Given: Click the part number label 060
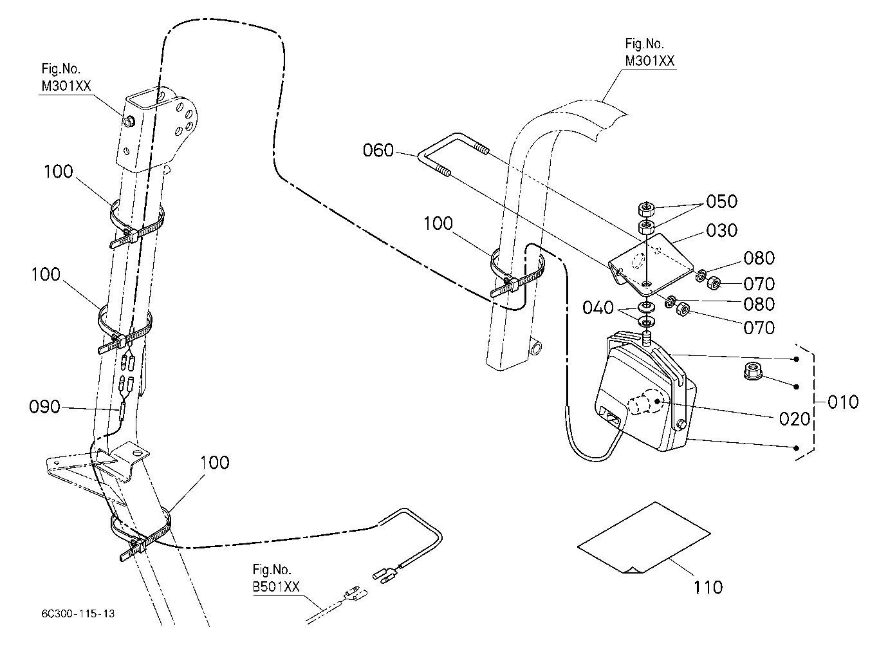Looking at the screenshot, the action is pos(378,151).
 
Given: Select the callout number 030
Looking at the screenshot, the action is pos(721,230).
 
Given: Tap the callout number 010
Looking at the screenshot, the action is pos(843,402).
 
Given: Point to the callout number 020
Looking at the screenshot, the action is pos(795,419).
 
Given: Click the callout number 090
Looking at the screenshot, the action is pos(44,407).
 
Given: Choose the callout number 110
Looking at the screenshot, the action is pos(708,588).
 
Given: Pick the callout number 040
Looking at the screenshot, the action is pos(598,308).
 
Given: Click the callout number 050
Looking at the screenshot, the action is pos(721,201).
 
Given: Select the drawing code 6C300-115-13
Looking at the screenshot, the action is pos(78,613).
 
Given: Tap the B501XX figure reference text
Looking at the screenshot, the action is pos(276,586).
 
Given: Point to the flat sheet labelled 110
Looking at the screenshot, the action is pos(643,537).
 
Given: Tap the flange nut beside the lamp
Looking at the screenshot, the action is pos(750,371).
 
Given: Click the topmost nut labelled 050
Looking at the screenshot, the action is pos(646,208).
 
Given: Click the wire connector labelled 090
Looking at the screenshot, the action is pos(122,411).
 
